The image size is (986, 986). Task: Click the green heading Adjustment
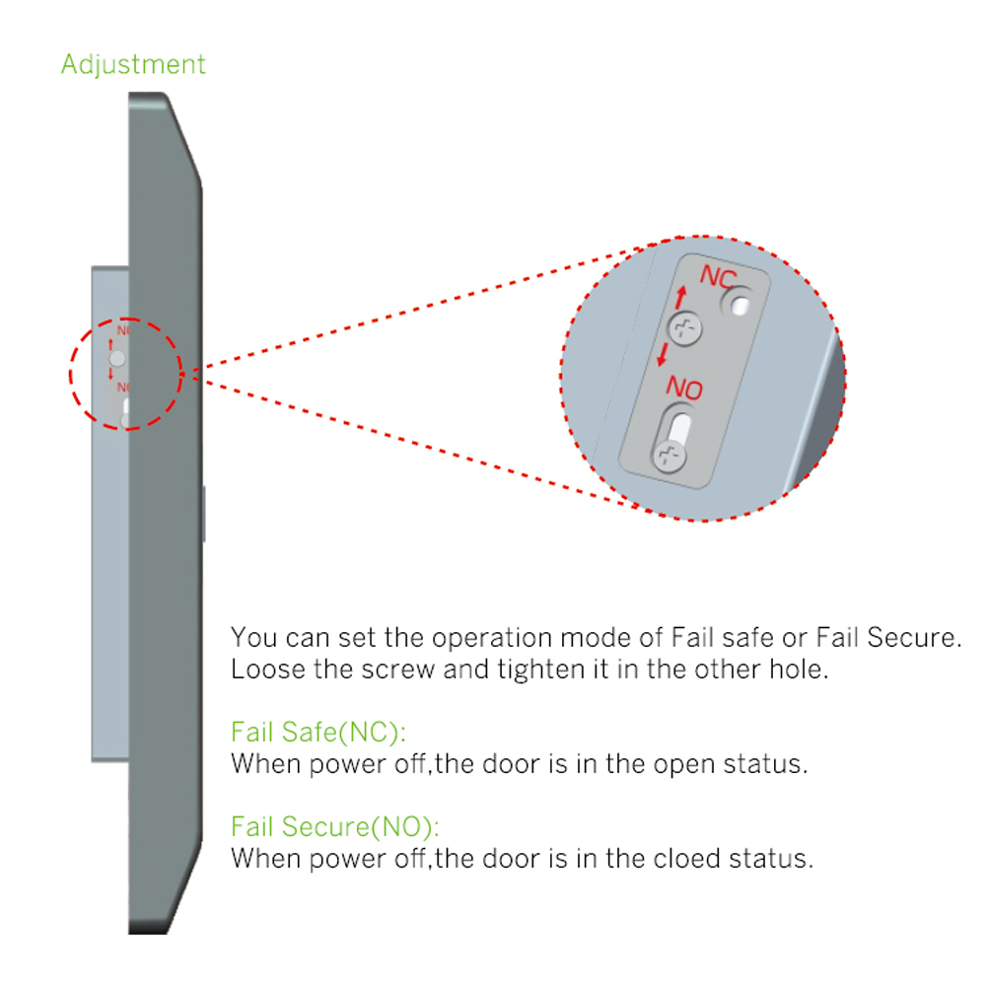tap(133, 65)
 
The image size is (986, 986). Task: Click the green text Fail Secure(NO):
tap(335, 825)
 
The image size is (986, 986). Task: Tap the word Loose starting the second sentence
tap(263, 669)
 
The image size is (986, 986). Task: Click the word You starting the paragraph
tap(252, 637)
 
